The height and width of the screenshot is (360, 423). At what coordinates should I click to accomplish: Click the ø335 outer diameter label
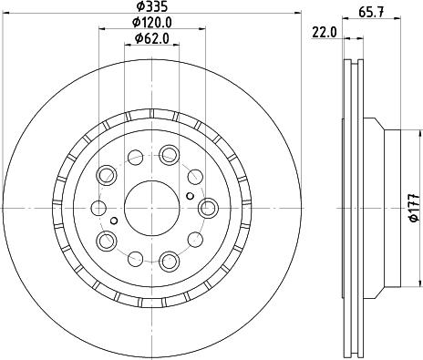pos(151,8)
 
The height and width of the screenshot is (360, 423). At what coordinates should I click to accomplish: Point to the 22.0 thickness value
pos(325,32)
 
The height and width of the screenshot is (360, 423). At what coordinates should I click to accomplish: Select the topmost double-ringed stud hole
pos(169,154)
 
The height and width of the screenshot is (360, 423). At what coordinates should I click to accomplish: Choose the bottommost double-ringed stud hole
pos(169,262)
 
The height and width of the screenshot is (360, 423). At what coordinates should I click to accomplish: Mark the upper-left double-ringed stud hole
pos(107,174)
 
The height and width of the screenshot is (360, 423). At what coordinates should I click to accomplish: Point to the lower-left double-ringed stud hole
pos(107,241)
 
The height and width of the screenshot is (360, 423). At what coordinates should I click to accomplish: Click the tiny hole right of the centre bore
pos(188,195)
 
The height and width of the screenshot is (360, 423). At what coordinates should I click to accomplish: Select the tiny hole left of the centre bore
pos(113,220)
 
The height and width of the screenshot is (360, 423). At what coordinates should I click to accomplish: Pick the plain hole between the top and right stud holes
pos(196,174)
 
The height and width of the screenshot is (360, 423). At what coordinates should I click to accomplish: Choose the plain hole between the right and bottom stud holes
pos(196,242)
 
